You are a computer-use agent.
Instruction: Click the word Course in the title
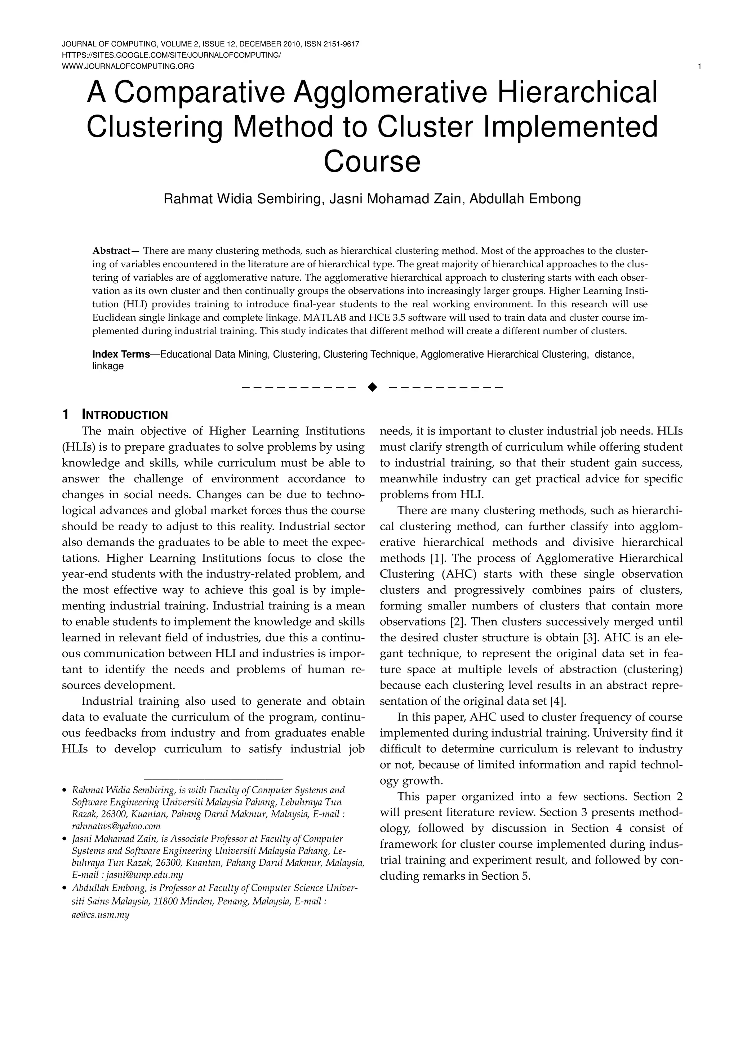point(372,162)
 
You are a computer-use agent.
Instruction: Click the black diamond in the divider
point(372,387)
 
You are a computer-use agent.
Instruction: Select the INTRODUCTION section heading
point(125,415)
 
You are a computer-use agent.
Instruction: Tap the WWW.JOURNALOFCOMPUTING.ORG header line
point(128,66)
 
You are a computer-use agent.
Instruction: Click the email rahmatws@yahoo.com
point(116,826)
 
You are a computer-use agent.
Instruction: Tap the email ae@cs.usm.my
point(101,915)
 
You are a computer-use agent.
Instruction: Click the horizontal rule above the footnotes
point(213,779)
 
